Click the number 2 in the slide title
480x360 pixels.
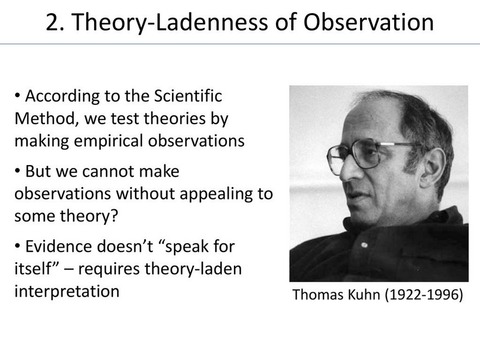coord(52,22)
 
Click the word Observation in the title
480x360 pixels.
coord(368,22)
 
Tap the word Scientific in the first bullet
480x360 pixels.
coord(188,96)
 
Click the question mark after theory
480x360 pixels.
coord(114,215)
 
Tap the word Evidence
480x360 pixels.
coord(58,247)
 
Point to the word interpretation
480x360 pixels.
coord(67,292)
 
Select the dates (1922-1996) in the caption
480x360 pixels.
coord(424,295)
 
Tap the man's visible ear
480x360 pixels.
coord(432,168)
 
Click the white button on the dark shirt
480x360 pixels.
coord(364,245)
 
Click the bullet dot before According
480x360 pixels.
coord(17,96)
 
